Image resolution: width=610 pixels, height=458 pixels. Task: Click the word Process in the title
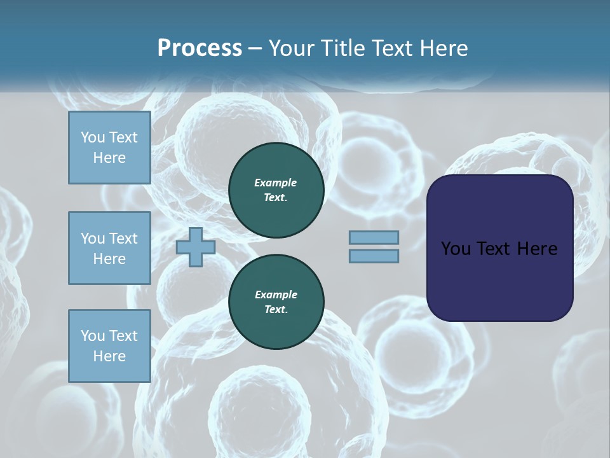coord(200,48)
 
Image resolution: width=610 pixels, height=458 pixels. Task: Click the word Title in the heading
coord(342,48)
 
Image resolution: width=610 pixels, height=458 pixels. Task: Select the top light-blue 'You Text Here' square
coord(109,148)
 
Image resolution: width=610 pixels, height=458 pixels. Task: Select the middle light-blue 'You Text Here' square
coord(109,248)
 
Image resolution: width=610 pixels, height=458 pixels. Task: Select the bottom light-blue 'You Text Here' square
coord(109,346)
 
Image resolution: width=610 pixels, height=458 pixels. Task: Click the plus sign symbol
coord(196,247)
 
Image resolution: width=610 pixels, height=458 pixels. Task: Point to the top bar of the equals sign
coord(374,238)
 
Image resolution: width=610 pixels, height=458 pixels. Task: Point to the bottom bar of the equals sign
coord(374,256)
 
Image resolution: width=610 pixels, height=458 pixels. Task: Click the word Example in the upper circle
coord(276,183)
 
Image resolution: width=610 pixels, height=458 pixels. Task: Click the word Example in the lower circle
coord(276,295)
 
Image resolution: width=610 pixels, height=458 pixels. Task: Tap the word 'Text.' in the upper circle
coord(276,198)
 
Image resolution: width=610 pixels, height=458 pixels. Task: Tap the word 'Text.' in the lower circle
coord(276,310)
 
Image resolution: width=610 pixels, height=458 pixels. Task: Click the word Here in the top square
coord(109,158)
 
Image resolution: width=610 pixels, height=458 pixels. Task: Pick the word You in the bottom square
coord(92,336)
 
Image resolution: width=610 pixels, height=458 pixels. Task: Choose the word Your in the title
coord(292,48)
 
